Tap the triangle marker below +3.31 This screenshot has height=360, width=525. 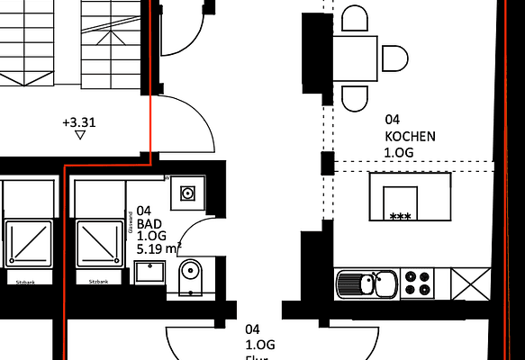[81, 136]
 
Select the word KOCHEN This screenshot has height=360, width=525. [410, 136]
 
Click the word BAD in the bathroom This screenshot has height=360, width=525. [149, 222]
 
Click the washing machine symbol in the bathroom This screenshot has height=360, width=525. [187, 193]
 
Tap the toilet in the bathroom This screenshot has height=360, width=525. [192, 277]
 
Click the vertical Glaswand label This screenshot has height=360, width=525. [131, 222]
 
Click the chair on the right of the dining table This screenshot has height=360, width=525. [394, 58]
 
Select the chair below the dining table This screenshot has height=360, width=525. [356, 97]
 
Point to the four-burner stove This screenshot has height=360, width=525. [417, 283]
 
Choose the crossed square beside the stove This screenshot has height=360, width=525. [468, 283]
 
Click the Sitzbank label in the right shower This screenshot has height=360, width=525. [98, 282]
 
